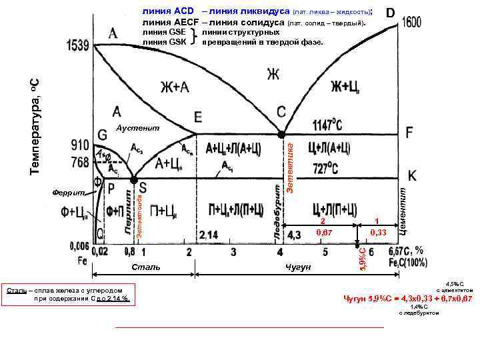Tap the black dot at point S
coord(134,180)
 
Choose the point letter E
coord(198,117)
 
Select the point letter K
coord(412,175)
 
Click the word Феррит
coord(69,193)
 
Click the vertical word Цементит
coord(403,209)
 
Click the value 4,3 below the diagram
coord(294,235)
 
